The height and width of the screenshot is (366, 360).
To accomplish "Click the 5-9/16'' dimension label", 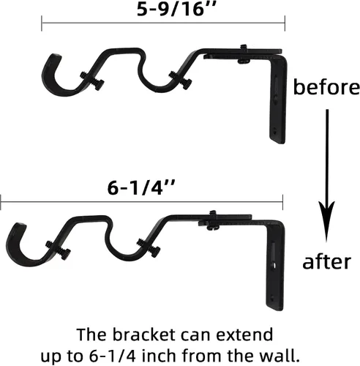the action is coord(176,10).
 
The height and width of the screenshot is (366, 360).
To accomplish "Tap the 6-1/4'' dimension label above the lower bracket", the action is coord(141,187).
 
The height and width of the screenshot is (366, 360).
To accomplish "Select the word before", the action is coord(326,86).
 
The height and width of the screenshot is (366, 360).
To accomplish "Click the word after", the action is coord(326,261).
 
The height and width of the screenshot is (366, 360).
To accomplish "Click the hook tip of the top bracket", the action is coord(56,56).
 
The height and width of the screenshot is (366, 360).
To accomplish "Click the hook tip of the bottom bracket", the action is coord(20,225).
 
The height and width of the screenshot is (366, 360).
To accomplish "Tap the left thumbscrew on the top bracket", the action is coord(93,80).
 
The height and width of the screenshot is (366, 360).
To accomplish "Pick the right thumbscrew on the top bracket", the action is coord(181,80).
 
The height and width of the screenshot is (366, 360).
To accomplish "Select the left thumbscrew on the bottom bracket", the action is coord(59,250).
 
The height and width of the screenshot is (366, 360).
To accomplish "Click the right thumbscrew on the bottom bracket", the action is coord(149,247).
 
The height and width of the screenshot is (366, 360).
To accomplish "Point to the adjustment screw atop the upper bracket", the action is coord(244,54).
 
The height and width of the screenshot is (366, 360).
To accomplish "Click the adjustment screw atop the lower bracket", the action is coord(213,220).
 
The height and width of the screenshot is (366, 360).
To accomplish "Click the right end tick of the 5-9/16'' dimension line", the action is coord(285,23).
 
